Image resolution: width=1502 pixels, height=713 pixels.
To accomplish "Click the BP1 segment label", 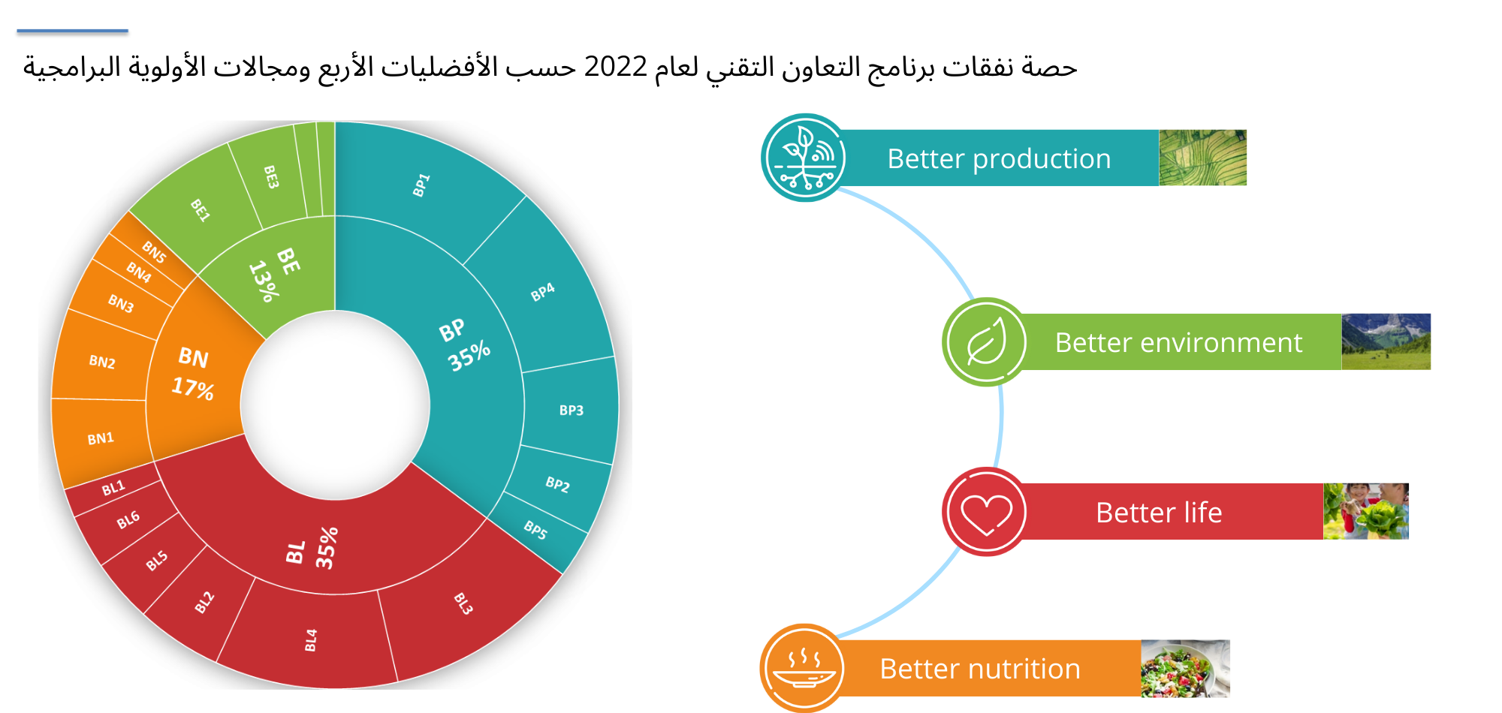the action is click(x=421, y=185).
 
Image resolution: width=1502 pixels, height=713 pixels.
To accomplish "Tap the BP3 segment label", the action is click(x=571, y=411).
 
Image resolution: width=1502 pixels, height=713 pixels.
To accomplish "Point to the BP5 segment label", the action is click(x=535, y=530).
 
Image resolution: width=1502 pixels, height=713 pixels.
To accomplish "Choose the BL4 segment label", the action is click(x=311, y=640).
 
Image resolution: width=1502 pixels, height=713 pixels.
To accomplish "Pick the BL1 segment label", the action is click(x=113, y=489).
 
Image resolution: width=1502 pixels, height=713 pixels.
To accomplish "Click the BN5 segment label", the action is click(x=154, y=252).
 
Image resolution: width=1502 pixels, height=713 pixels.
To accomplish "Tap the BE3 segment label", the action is click(x=271, y=177).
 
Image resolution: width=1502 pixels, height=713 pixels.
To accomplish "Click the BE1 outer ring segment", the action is click(x=197, y=206).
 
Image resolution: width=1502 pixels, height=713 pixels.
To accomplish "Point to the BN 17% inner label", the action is click(x=193, y=372).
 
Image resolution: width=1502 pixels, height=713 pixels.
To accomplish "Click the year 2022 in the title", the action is click(x=616, y=67).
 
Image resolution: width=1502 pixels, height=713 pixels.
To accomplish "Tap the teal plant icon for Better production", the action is click(x=805, y=158).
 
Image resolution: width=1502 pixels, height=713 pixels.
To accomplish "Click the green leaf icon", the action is click(x=986, y=342).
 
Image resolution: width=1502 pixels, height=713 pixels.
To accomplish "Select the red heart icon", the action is click(x=986, y=512).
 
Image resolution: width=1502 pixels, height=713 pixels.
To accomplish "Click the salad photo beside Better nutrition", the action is click(x=1185, y=669).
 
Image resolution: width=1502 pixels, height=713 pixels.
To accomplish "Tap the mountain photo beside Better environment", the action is click(x=1386, y=341).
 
